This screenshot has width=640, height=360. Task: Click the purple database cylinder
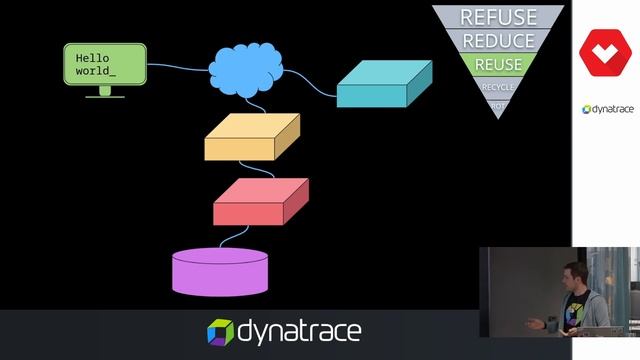220,271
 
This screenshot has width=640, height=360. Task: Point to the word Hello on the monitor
92,59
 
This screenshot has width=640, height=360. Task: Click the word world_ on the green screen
96,72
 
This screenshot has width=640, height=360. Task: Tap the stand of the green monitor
105,92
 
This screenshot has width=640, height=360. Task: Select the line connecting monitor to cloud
178,68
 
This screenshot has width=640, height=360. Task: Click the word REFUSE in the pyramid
498,17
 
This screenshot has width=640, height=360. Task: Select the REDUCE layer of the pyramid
498,41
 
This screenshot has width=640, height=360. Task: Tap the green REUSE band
498,65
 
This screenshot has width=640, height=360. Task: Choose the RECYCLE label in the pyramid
498,87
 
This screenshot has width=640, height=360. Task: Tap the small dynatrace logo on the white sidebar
606,109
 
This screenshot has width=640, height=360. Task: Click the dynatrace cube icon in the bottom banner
220,331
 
